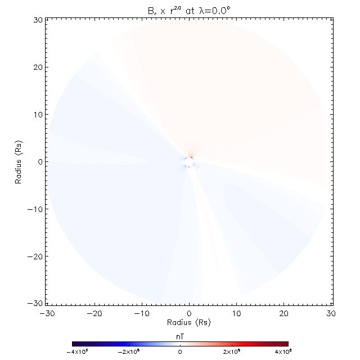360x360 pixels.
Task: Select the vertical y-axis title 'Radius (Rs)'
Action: (x=19, y=162)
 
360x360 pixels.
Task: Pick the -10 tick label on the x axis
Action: (x=141, y=313)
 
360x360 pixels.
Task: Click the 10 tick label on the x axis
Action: (x=237, y=313)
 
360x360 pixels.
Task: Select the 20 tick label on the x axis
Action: (x=285, y=313)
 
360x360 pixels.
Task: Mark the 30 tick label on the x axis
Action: (x=332, y=313)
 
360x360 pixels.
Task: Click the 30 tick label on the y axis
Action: (x=37, y=20)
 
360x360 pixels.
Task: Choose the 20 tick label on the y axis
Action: (x=37, y=67)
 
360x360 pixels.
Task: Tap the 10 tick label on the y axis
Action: (x=37, y=115)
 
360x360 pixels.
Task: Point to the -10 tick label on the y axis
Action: (x=35, y=209)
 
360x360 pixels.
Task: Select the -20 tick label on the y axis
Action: (x=35, y=256)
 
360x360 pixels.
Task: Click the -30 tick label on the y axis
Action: (x=35, y=304)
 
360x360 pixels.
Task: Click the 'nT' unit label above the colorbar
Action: (x=180, y=335)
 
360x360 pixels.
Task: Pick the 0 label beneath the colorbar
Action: (x=180, y=352)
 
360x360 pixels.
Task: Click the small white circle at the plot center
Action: (x=189, y=163)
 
